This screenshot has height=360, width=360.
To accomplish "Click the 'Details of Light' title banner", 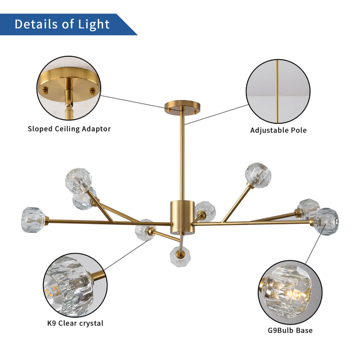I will point(62,24).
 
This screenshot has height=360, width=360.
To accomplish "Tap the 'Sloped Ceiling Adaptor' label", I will point(69,129).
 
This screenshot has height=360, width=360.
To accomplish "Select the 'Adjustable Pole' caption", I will point(278,130).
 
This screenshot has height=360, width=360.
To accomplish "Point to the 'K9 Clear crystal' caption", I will point(75,323).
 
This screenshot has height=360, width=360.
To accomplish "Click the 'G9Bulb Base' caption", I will point(290,330).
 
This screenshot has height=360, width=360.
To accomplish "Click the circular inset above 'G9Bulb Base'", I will point(290,290).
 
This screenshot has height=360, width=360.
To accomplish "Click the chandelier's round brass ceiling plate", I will point(181,106).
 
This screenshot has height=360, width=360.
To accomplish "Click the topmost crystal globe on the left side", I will point(78,179).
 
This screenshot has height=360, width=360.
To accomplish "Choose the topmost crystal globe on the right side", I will point(258,174).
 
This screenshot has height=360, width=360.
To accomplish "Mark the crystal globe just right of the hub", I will point(205,211).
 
